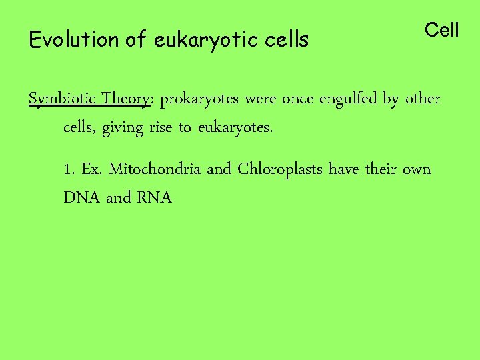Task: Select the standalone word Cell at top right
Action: (442, 30)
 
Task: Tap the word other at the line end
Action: (423, 99)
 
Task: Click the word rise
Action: (160, 127)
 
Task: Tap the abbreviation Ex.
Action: (91, 169)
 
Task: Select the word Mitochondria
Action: (155, 169)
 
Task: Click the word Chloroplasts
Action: (281, 169)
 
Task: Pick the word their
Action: (380, 169)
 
